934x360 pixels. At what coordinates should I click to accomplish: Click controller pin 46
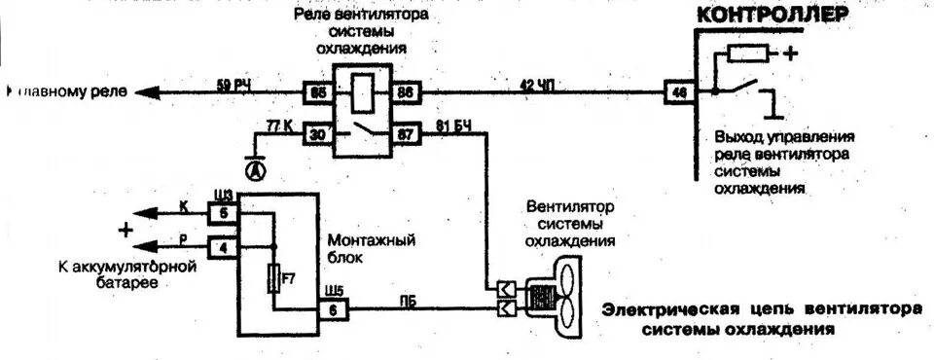tap(677, 93)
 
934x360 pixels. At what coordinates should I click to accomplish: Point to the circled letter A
tap(255, 171)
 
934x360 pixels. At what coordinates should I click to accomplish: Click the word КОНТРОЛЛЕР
tap(784, 16)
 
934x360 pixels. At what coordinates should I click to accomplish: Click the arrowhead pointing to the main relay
tap(144, 93)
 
